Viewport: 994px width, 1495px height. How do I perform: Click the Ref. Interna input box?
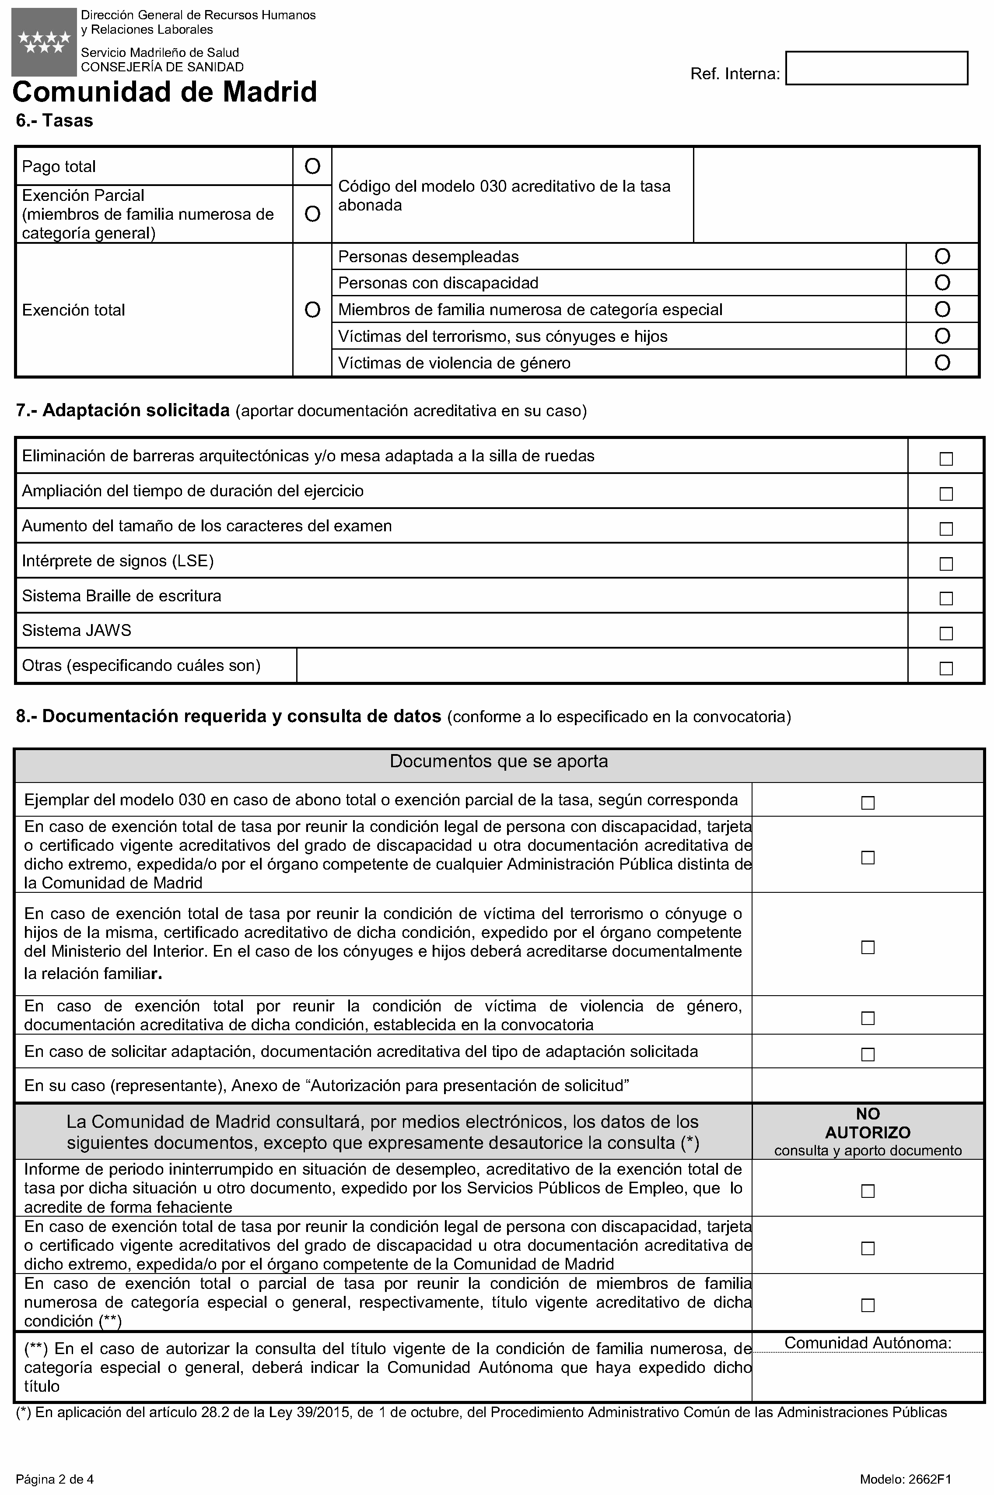[876, 68]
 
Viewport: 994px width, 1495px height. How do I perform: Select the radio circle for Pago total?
[312, 166]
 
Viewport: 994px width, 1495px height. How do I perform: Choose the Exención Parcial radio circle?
[312, 214]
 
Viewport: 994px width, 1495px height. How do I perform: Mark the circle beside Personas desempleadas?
[942, 257]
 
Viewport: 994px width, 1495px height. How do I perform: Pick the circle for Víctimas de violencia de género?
[942, 363]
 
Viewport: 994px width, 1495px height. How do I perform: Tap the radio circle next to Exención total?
[312, 310]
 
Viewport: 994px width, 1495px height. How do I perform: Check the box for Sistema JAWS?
[946, 633]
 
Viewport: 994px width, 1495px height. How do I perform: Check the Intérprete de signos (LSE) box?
[946, 563]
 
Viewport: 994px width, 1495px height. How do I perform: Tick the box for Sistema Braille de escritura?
[946, 598]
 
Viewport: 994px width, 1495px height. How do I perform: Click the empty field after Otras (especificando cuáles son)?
[601, 665]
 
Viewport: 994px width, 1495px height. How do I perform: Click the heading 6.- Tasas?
[55, 120]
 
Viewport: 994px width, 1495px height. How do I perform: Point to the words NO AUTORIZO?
[867, 1123]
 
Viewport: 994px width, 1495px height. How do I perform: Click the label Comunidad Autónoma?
[867, 1343]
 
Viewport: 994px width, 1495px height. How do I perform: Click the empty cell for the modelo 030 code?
[836, 195]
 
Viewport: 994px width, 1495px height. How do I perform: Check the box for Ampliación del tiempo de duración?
[946, 493]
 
